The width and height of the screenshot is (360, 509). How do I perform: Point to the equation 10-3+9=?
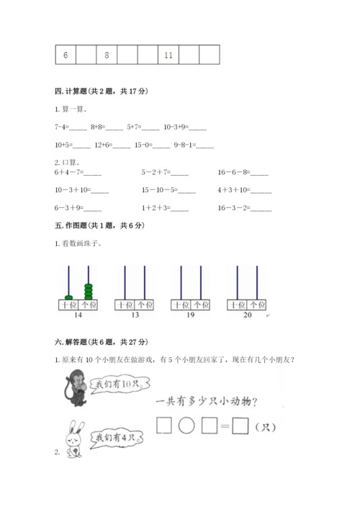[185, 127]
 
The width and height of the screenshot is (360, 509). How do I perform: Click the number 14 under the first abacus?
[78, 315]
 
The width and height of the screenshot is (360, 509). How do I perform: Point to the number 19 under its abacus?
[190, 315]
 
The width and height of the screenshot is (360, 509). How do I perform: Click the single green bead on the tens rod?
[68, 297]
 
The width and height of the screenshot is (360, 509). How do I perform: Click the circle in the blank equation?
[186, 428]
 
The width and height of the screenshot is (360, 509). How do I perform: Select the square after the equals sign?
[240, 428]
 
